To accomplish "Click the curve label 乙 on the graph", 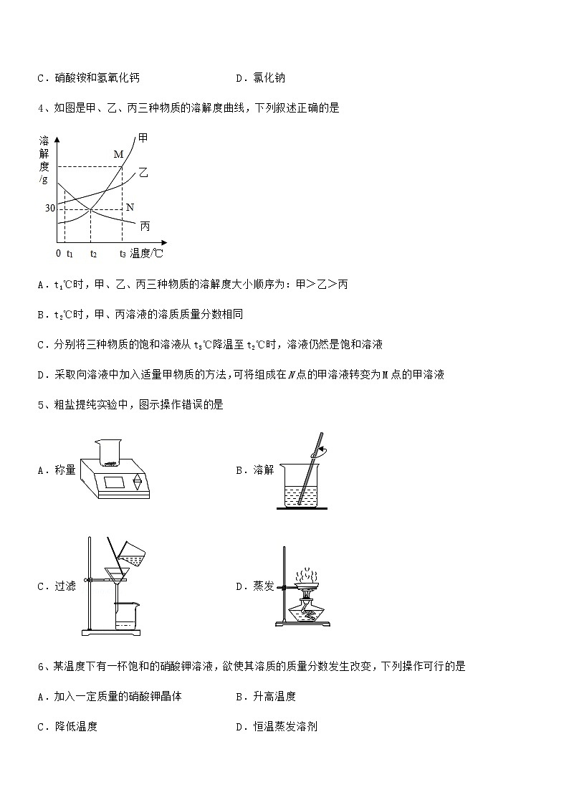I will (x=143, y=173).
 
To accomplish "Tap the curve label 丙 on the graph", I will (x=145, y=226).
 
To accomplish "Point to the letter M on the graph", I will (x=119, y=154).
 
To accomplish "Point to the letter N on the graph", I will (x=130, y=207).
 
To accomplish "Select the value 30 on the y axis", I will (x=49, y=209).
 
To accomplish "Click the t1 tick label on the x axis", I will (x=70, y=254).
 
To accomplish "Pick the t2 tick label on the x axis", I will (x=93, y=254).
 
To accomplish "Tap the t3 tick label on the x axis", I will (x=123, y=254).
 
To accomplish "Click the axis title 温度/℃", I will (x=148, y=253).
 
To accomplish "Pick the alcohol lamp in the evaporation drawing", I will (x=305, y=609).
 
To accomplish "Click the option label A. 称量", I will (x=56, y=470).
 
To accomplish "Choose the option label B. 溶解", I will (x=254, y=470).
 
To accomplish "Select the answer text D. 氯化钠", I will (x=260, y=78).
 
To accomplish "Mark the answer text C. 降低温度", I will (x=67, y=726).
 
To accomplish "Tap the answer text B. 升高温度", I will (x=265, y=696).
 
